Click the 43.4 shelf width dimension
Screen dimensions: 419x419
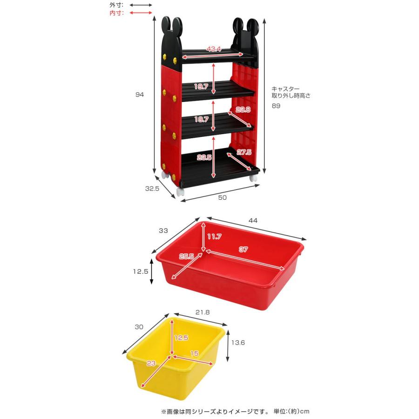tap(214, 49)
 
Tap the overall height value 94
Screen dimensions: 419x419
tap(140, 95)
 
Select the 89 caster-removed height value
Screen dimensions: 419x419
tap(276, 106)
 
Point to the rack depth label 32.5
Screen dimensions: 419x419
tap(152, 189)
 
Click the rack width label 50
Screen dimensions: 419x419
tap(223, 197)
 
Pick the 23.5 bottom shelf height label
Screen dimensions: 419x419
tap(204, 157)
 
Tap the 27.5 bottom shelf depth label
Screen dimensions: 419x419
tap(244, 152)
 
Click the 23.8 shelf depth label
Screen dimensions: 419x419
tap(243, 109)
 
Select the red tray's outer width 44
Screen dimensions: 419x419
tap(253, 221)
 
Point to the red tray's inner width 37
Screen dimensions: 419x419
tap(243, 250)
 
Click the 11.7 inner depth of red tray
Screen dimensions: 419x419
tap(214, 237)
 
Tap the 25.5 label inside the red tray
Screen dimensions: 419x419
tap(186, 256)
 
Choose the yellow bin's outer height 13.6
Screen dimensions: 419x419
tap(238, 343)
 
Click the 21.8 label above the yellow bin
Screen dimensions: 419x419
tap(203, 312)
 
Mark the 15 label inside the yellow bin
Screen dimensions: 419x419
tap(194, 353)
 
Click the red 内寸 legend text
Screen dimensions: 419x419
tap(116, 13)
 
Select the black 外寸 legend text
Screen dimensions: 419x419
tap(116, 5)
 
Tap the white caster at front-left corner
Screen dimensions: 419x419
tap(181, 192)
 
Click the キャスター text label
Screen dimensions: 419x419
tap(286, 89)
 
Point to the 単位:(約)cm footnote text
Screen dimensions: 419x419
tap(291, 411)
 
